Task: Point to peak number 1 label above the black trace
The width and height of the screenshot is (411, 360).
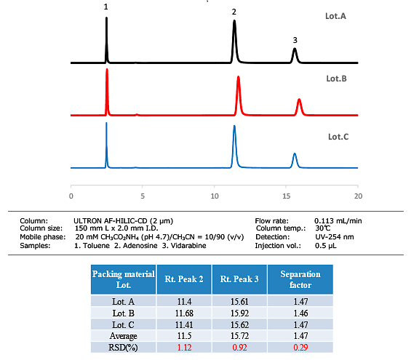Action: pyautogui.click(x=106, y=7)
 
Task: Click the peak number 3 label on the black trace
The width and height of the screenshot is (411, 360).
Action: pyautogui.click(x=295, y=40)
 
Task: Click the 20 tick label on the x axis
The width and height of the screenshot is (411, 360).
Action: pyautogui.click(x=357, y=196)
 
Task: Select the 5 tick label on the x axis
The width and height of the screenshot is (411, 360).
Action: pyautogui.click(x=143, y=196)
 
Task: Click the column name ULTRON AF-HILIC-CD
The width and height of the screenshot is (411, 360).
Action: pyautogui.click(x=123, y=220)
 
